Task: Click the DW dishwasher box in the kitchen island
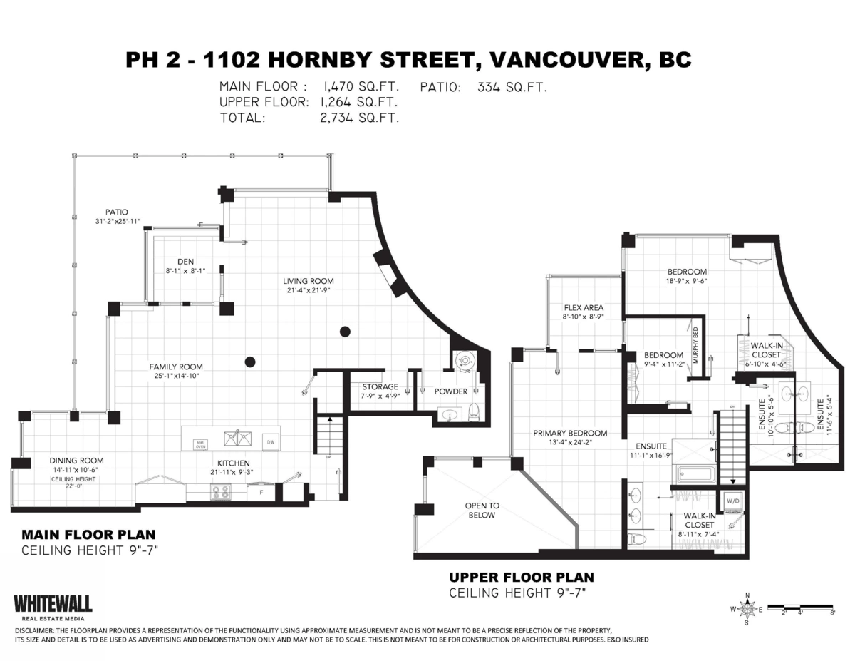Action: click(270, 441)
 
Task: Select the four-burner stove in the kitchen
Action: click(220, 491)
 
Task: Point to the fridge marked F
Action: click(261, 492)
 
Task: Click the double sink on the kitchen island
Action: click(236, 438)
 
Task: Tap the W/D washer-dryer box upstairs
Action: click(732, 500)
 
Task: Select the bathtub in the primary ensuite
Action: click(695, 473)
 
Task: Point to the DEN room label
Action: click(185, 262)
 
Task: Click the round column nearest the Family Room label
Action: click(250, 362)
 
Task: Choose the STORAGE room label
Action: click(379, 387)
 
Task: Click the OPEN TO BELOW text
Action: click(482, 510)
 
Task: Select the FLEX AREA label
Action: click(583, 307)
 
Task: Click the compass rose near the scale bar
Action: click(747, 609)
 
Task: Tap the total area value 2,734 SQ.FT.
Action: click(360, 118)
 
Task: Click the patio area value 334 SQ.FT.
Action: click(512, 87)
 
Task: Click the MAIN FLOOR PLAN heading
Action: click(88, 534)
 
